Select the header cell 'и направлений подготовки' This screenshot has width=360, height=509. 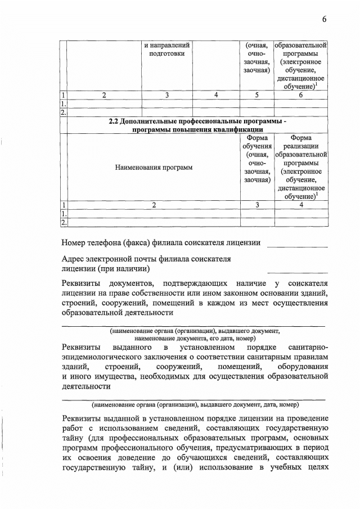(167, 49)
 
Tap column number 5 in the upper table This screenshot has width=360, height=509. (256, 95)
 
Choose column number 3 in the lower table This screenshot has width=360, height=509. (256, 205)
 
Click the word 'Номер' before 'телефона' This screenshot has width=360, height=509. (76, 242)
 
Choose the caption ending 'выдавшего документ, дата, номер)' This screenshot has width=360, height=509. (195, 404)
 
